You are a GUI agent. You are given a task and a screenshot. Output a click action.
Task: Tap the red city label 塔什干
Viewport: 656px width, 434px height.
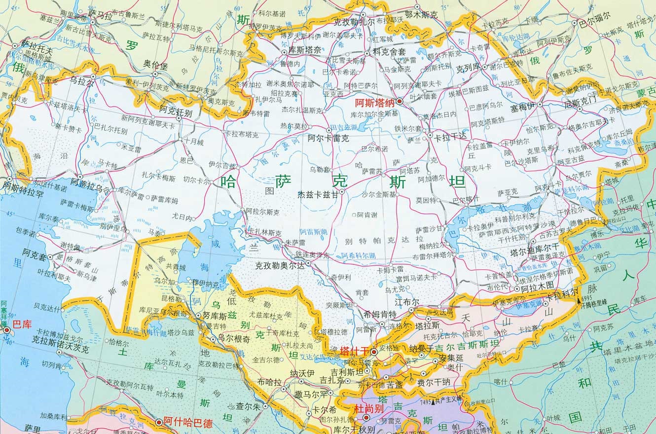(355, 351)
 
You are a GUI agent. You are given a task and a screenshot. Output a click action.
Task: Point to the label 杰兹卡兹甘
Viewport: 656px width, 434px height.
(318, 195)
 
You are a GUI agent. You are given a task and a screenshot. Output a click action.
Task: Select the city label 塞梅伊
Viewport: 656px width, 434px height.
(523, 105)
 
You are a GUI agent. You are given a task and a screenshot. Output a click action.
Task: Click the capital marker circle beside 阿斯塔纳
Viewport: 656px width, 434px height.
(400, 102)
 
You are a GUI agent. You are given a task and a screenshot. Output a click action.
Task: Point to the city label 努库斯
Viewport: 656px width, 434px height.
(214, 315)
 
